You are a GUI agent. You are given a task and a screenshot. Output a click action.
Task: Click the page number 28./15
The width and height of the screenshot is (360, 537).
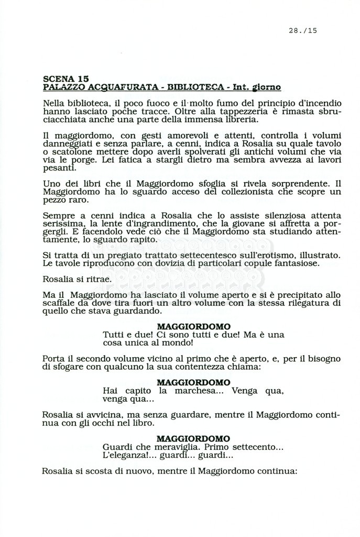pyautogui.click(x=303, y=30)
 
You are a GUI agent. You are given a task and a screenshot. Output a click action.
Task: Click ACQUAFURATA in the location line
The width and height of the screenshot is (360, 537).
pyautogui.click(x=109, y=87)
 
